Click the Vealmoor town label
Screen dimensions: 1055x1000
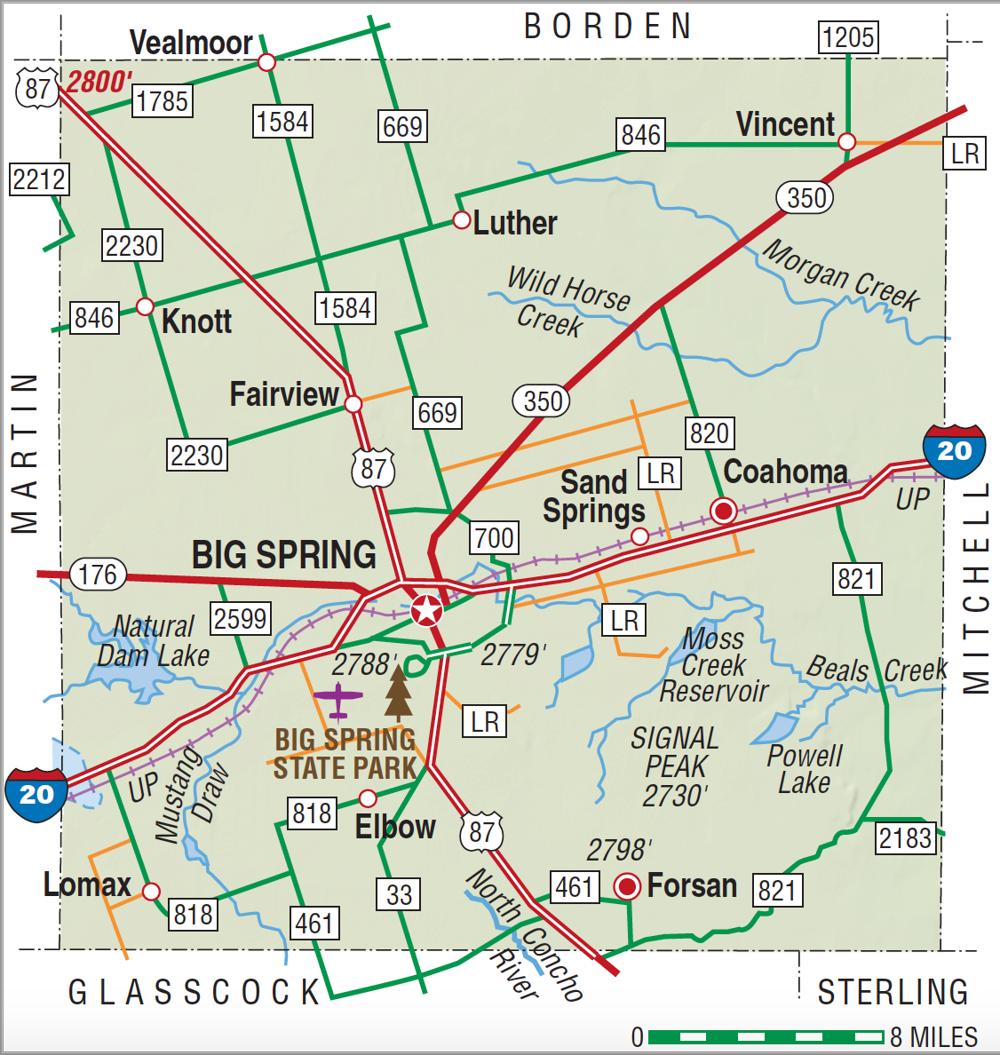191,42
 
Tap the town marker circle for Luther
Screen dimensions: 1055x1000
461,220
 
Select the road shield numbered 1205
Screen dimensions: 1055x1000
848,37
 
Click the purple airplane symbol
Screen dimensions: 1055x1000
338,698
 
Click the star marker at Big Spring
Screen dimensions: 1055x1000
427,610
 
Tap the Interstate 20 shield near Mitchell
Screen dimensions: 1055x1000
954,451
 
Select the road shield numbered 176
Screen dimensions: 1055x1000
98,575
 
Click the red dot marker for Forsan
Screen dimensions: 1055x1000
628,885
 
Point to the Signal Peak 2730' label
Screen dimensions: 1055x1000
675,766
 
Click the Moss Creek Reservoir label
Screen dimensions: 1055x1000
713,664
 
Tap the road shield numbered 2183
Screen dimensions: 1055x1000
905,837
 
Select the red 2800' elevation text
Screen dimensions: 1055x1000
99,82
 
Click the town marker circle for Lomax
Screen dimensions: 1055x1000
151,891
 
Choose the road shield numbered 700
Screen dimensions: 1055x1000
494,537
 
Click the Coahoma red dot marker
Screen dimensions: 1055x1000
723,511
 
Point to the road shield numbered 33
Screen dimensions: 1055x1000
399,894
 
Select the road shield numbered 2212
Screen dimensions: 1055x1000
39,179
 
